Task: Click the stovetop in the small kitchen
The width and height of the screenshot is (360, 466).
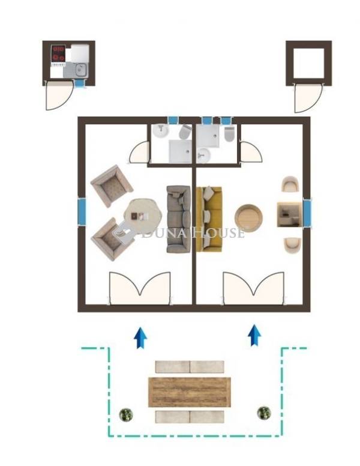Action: click(x=58, y=54)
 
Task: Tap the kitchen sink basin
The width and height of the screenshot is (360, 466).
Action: click(x=80, y=70)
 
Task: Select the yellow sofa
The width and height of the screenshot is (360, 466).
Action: click(x=209, y=219)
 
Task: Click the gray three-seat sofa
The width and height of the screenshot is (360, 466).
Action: click(x=178, y=219)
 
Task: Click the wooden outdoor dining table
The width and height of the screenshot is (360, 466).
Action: click(x=189, y=392)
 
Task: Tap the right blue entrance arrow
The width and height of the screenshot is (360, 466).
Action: click(x=254, y=336)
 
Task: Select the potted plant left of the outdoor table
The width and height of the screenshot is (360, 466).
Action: click(x=126, y=414)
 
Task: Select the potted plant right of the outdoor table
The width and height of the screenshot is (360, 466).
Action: click(x=264, y=413)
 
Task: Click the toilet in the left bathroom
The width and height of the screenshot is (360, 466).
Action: click(x=185, y=132)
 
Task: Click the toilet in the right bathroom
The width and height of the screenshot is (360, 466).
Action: click(x=230, y=134)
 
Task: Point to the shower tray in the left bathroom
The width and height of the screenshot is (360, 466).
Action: click(x=180, y=151)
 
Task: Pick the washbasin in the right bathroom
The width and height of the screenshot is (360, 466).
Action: click(x=203, y=155)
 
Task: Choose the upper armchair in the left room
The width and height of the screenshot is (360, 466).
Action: click(x=112, y=186)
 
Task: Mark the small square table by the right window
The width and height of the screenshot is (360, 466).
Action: click(x=290, y=214)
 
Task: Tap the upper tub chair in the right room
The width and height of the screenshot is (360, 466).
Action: click(x=290, y=184)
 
